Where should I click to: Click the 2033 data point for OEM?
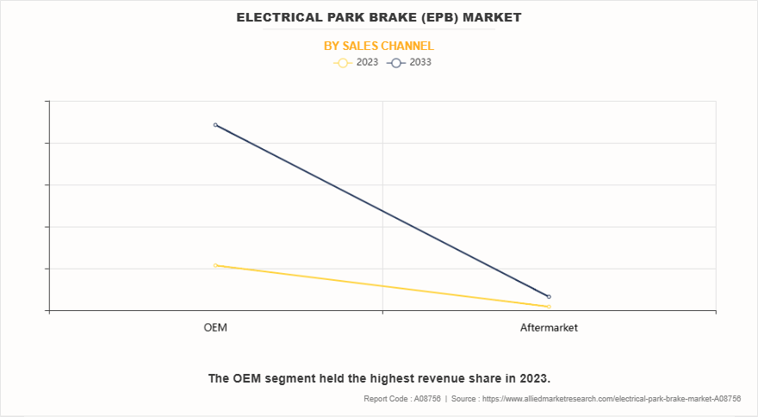(215, 125)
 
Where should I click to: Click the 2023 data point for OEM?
(215, 265)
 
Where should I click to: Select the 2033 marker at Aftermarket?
(549, 296)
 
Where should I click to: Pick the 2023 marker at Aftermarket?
(549, 307)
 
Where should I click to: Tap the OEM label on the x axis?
(215, 328)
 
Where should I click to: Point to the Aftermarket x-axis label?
(549, 328)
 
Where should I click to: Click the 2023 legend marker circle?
(342, 63)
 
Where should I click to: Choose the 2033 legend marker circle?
(397, 63)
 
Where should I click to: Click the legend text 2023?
(367, 63)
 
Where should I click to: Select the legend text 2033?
(421, 63)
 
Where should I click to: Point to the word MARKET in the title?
(492, 17)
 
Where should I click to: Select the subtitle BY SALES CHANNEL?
(379, 46)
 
